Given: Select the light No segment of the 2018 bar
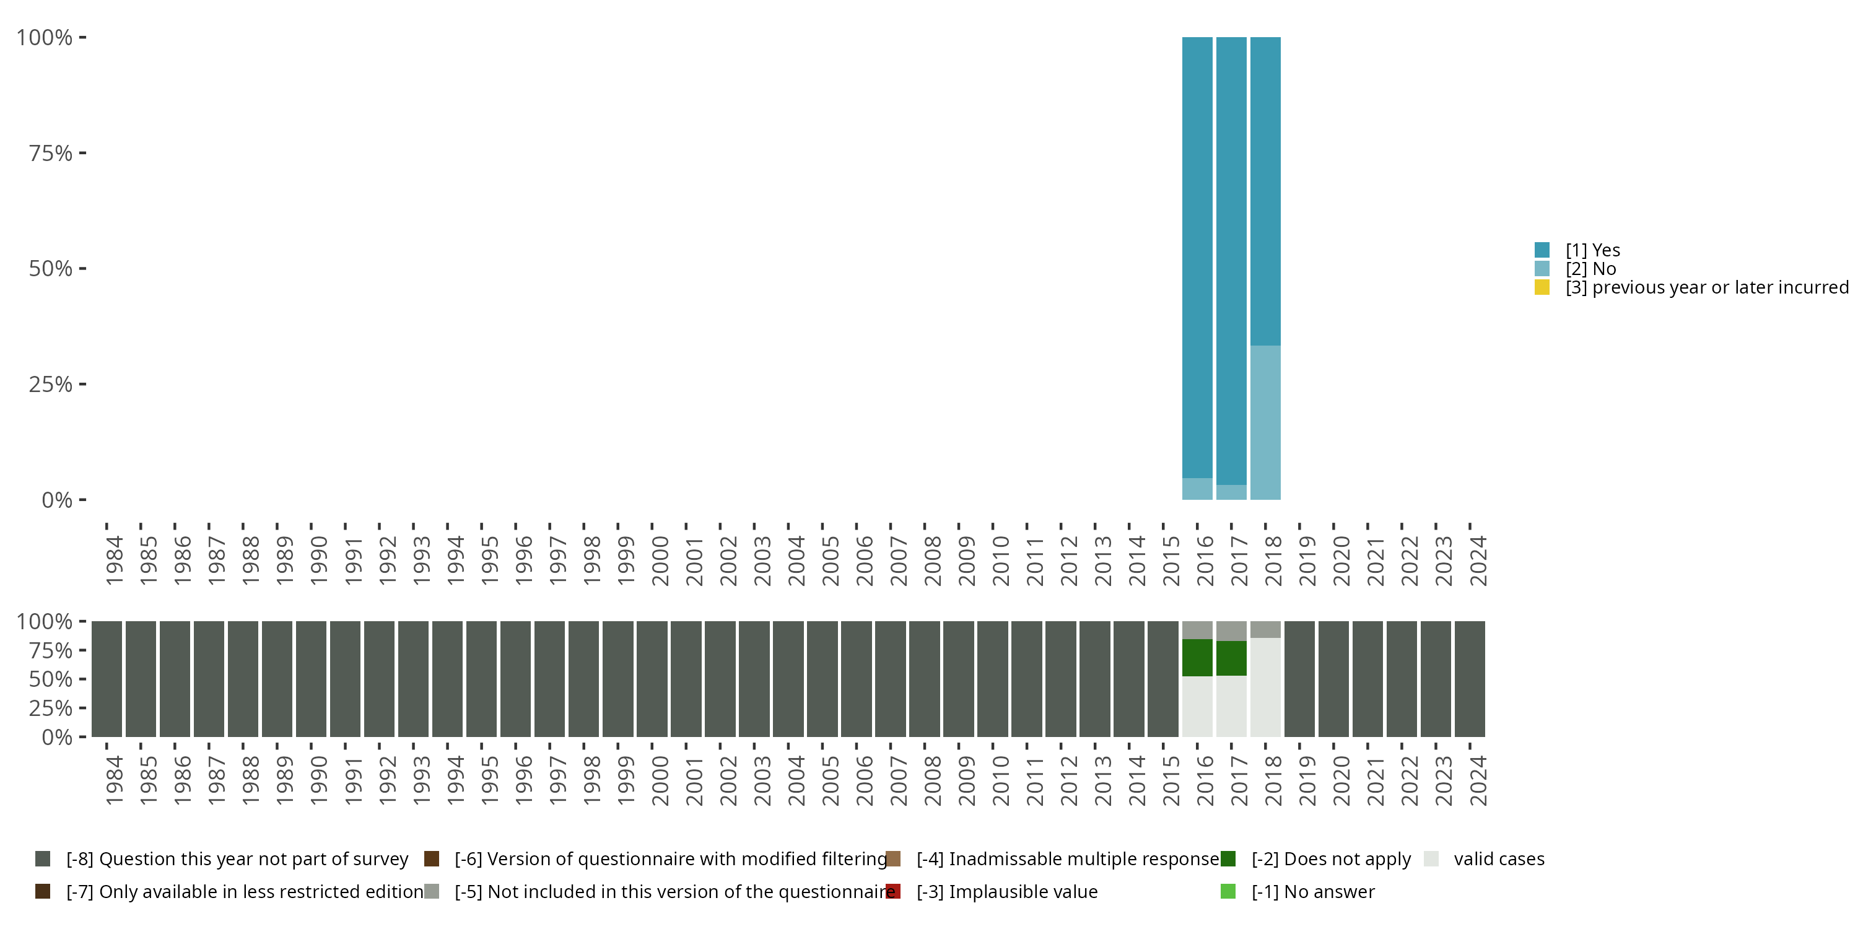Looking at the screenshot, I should click(1265, 422).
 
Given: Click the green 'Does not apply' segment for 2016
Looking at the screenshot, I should click(1197, 657).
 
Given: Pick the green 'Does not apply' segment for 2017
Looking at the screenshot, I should click(1231, 658).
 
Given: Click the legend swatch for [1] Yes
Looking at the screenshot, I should click(1542, 250).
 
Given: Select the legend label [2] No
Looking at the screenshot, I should click(1590, 269).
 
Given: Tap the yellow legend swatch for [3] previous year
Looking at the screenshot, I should click(1542, 288).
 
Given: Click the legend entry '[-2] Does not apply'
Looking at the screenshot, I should click(1331, 859).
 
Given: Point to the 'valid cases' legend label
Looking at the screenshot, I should click(1499, 859).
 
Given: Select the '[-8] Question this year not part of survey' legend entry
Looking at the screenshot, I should click(237, 859).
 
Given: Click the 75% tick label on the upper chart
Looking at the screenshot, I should click(51, 153).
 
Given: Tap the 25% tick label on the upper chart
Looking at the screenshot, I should click(51, 384).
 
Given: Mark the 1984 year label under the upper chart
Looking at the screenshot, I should click(115, 560).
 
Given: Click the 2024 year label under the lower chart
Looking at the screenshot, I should click(1478, 780).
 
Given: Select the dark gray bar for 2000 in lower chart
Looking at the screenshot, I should click(652, 679).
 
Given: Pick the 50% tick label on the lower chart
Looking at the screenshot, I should click(51, 679).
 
